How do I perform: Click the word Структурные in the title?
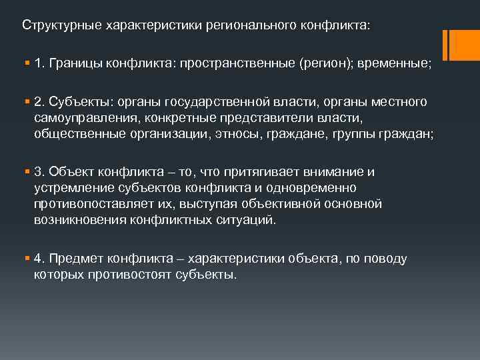(x=55, y=25)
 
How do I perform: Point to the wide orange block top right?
(x=463, y=45)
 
